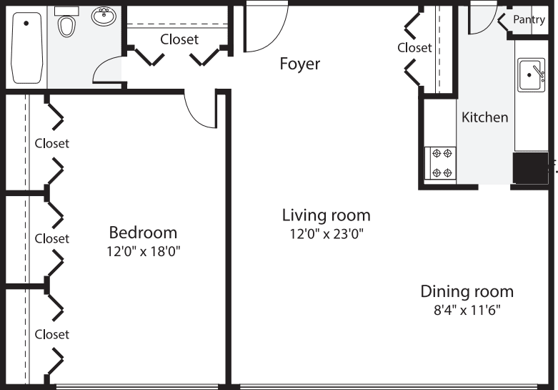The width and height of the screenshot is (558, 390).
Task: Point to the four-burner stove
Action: tap(440, 162)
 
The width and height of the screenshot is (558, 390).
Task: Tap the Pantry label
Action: tap(529, 20)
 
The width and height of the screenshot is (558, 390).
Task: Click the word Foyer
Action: tap(299, 64)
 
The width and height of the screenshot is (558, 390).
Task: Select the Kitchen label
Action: tap(484, 117)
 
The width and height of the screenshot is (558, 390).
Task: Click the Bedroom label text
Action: tap(143, 233)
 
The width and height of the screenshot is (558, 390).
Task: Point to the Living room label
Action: tap(326, 215)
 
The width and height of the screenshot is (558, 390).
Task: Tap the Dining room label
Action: tap(467, 291)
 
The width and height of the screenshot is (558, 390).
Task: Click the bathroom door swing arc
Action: tap(106, 71)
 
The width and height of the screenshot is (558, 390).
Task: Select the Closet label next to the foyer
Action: tap(414, 47)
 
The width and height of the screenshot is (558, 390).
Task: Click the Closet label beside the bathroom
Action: tap(179, 39)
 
